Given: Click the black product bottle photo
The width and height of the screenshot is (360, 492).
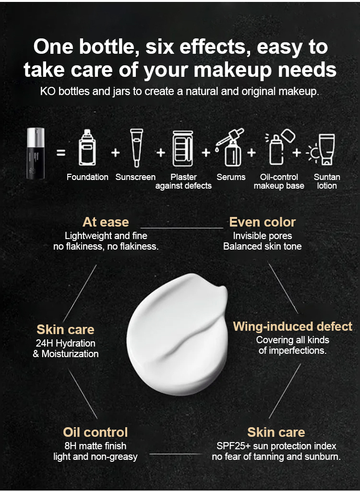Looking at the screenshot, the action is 36,153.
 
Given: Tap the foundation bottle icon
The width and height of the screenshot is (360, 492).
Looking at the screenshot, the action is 87,147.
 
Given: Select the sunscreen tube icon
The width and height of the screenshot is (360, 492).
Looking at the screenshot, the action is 136,148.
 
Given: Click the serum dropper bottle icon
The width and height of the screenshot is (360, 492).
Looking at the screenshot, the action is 230,147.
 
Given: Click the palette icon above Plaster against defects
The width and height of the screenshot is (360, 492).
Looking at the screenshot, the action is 183,148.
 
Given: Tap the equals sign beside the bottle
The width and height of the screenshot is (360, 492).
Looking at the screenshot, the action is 61,153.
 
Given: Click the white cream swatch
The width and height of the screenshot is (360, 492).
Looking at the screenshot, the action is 177,334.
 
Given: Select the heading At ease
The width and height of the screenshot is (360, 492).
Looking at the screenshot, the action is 106,222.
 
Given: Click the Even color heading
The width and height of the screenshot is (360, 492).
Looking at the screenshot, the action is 263,222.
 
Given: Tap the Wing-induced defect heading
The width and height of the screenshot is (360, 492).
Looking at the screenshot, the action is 292,327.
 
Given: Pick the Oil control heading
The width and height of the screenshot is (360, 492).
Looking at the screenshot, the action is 96,432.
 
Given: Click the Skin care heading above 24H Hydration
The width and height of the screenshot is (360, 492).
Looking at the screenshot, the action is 65,330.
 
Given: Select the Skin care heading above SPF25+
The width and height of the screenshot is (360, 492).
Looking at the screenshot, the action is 276,432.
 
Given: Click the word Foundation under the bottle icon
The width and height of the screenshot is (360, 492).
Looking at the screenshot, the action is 87,177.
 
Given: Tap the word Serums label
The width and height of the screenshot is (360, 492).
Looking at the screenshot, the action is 231,177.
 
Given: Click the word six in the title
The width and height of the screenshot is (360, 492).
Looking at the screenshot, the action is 159,47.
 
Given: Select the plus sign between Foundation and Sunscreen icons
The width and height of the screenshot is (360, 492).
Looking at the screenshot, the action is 116,153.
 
